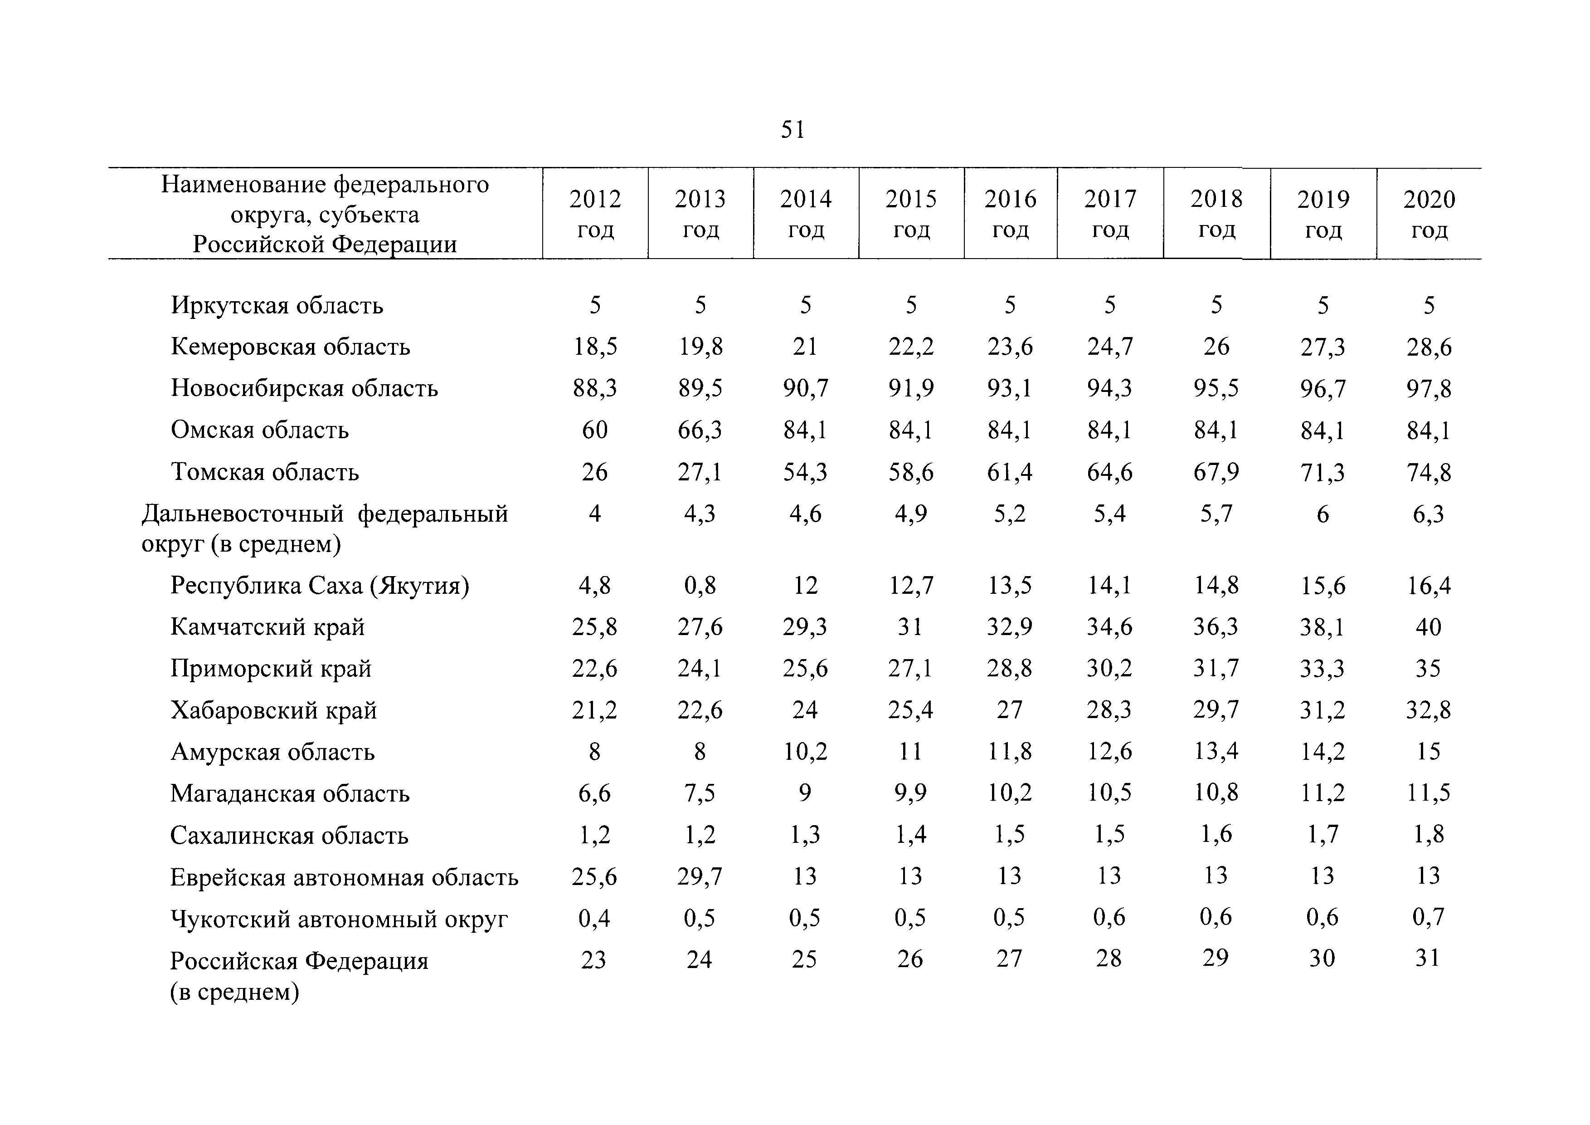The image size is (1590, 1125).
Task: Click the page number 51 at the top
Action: click(793, 130)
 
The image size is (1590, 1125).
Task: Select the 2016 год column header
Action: click(1011, 214)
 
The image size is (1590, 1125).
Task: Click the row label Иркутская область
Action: click(277, 305)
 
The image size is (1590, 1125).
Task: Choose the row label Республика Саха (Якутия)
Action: click(320, 586)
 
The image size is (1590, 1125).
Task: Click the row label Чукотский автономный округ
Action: click(339, 919)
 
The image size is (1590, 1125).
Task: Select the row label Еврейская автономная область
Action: click(344, 878)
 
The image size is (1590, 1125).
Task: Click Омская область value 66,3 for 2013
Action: click(700, 430)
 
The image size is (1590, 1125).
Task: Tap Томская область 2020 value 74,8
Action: click(1429, 472)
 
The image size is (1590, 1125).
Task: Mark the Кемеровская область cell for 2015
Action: click(911, 347)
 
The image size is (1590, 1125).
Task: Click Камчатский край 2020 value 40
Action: click(1429, 627)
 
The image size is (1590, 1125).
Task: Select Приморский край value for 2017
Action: click(1109, 669)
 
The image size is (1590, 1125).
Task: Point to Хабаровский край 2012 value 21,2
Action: click(594, 710)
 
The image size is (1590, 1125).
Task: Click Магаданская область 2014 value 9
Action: click(805, 792)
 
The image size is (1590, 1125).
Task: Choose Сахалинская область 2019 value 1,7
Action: click(1322, 835)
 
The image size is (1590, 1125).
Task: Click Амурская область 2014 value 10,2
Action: click(805, 752)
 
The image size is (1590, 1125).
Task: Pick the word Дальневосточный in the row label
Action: click(243, 514)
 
